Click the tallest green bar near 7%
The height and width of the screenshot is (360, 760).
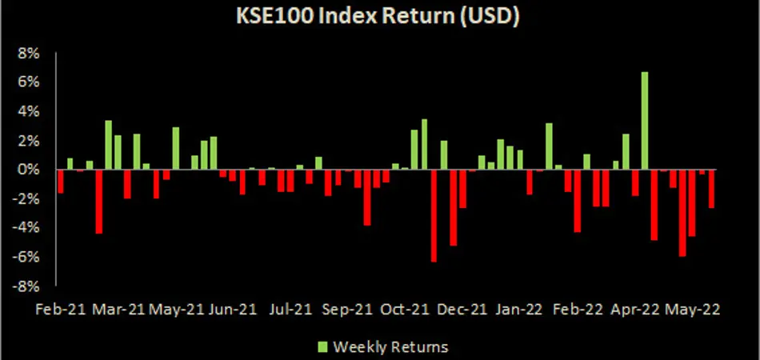[645, 121]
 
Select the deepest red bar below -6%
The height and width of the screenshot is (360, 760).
[434, 216]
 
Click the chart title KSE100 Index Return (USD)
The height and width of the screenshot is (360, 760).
[378, 15]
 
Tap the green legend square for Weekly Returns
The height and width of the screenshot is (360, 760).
[323, 347]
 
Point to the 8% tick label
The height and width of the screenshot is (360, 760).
[28, 54]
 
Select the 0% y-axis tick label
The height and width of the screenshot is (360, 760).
[28, 170]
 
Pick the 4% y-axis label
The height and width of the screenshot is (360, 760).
[28, 113]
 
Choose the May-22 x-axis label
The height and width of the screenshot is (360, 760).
[691, 309]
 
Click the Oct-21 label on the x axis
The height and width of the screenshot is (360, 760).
[404, 309]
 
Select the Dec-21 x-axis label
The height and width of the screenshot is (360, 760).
[461, 309]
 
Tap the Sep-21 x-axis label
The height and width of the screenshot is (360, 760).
[346, 309]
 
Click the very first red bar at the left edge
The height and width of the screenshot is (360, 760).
[61, 182]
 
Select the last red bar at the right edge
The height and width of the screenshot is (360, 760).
[711, 189]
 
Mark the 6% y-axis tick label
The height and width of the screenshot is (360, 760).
[28, 83]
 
